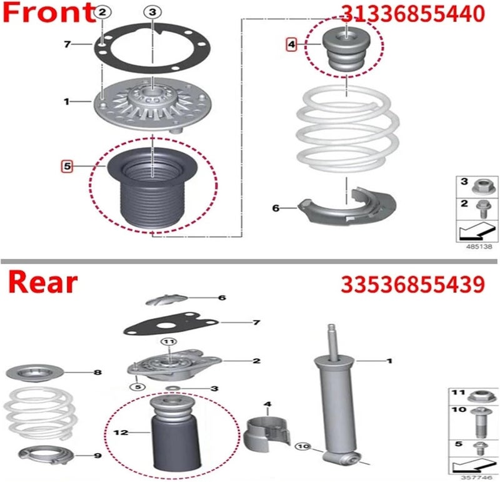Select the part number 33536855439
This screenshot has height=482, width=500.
tap(412, 284)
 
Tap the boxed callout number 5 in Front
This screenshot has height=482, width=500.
tap(66, 166)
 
